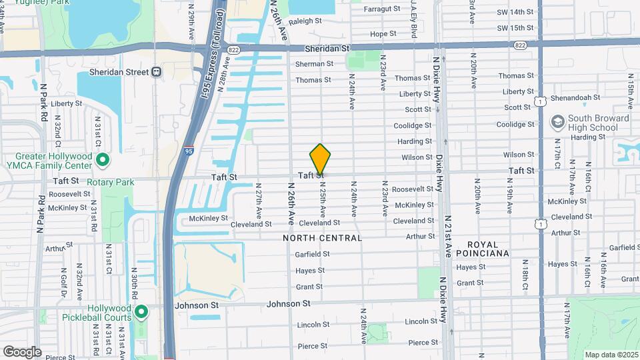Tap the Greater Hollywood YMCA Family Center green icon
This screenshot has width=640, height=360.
coord(103,160)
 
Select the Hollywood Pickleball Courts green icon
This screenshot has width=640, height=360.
coord(141,312)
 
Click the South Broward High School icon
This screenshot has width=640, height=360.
coord(557,123)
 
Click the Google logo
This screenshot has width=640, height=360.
coord(22,351)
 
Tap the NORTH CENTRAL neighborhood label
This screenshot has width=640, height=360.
coord(323,238)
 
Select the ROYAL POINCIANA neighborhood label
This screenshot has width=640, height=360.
coord(488,248)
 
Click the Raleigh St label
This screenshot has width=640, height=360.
coord(305,21)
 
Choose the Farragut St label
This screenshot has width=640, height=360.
coord(383,9)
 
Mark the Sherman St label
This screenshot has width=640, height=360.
coord(314,64)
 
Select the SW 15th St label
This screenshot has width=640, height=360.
coord(515,28)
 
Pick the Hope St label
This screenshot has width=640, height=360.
coord(383,34)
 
